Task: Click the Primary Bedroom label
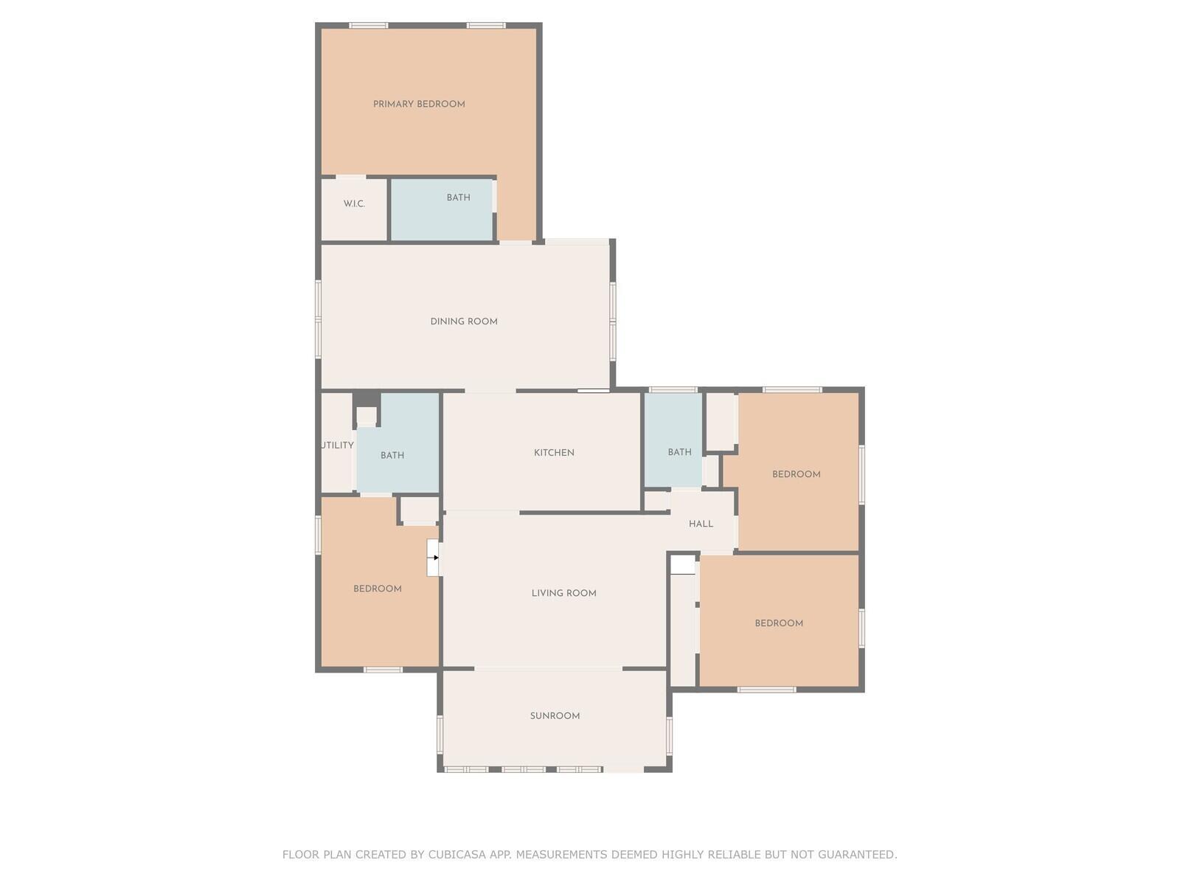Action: pyautogui.click(x=419, y=104)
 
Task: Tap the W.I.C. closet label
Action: pyautogui.click(x=354, y=204)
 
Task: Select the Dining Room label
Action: pyautogui.click(x=464, y=322)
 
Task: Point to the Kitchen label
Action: pyautogui.click(x=554, y=452)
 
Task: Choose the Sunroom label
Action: pyautogui.click(x=555, y=715)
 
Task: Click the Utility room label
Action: pyautogui.click(x=338, y=445)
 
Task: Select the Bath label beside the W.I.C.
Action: pyautogui.click(x=459, y=197)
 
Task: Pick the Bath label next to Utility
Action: pyautogui.click(x=392, y=455)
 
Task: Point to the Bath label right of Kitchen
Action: pyautogui.click(x=679, y=452)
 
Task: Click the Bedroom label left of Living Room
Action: pyautogui.click(x=378, y=589)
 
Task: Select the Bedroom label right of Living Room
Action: pyautogui.click(x=779, y=623)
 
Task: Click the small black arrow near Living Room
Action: pyautogui.click(x=436, y=558)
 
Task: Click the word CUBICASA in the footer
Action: pyautogui.click(x=457, y=854)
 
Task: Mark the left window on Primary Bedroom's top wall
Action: pyautogui.click(x=368, y=25)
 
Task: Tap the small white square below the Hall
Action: pyautogui.click(x=683, y=565)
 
